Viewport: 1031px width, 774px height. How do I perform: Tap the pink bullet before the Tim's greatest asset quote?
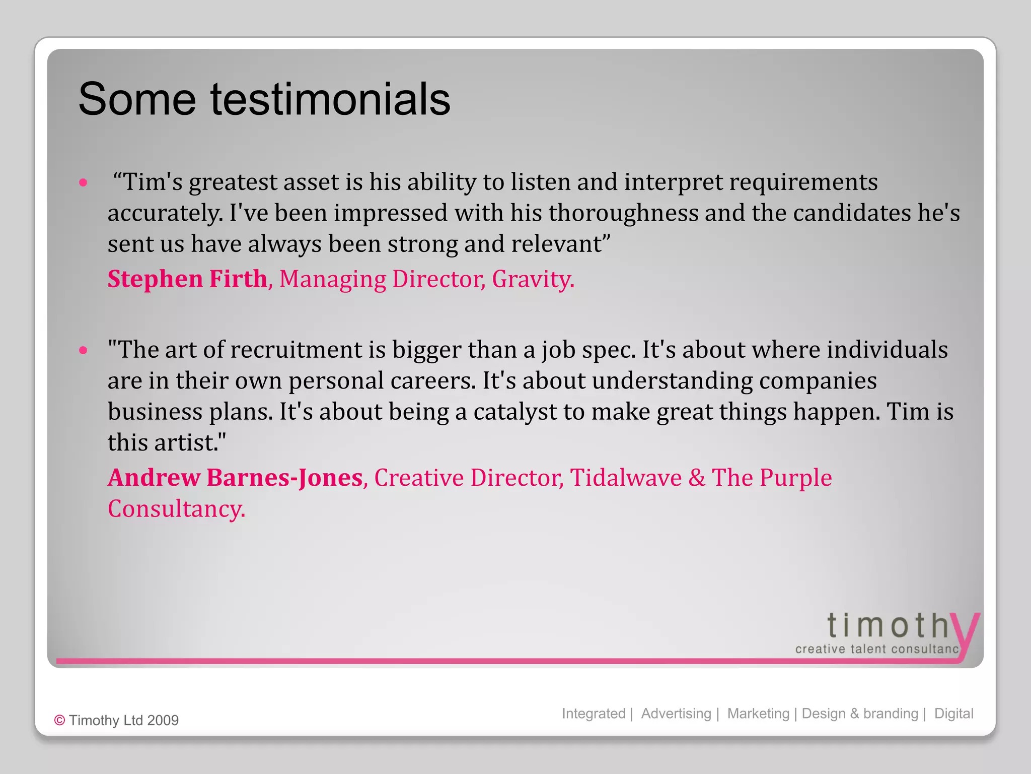(84, 182)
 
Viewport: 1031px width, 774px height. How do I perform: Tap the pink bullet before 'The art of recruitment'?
(84, 350)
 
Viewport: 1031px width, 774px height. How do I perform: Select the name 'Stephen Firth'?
(187, 279)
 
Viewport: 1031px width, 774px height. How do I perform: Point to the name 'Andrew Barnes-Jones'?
(235, 478)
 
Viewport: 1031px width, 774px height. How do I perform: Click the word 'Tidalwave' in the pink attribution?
(626, 478)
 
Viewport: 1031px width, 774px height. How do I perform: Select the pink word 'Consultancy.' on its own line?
(176, 509)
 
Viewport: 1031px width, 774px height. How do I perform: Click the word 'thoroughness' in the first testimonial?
(623, 213)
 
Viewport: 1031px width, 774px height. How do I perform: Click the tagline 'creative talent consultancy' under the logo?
(877, 649)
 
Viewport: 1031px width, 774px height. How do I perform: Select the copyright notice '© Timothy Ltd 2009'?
(116, 720)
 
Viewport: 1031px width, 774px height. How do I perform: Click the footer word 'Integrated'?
(593, 714)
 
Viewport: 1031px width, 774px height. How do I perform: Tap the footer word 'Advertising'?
(676, 714)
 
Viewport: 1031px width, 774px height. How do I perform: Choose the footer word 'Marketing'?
(758, 714)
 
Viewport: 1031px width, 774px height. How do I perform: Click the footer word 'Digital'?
(953, 714)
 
